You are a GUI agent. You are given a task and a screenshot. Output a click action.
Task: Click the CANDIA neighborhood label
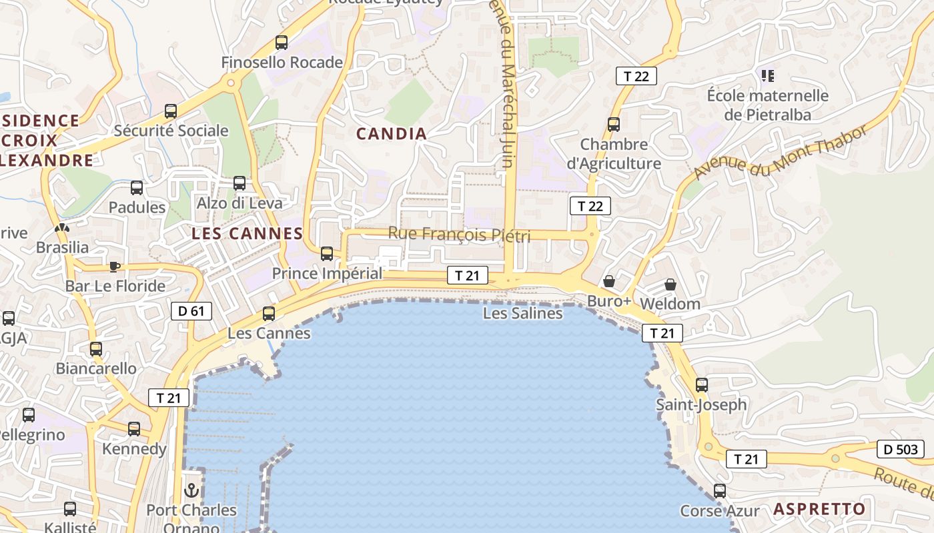[392, 134]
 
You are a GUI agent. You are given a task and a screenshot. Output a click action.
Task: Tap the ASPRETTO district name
[819, 509]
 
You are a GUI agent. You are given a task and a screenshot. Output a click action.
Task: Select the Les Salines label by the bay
[522, 312]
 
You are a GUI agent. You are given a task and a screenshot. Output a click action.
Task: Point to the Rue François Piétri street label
[459, 235]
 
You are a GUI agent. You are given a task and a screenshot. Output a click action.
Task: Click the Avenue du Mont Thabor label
[781, 152]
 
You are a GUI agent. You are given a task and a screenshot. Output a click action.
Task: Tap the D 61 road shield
[191, 310]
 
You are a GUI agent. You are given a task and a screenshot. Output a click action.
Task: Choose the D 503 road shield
[901, 449]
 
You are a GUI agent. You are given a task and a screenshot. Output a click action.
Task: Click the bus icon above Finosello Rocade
[282, 43]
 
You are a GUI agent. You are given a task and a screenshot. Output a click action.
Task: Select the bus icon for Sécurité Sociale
[171, 111]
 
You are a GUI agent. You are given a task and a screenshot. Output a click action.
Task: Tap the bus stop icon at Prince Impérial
[327, 253]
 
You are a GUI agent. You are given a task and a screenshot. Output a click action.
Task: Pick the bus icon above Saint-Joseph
[702, 384]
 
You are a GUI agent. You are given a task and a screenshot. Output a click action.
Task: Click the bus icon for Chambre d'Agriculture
[614, 124]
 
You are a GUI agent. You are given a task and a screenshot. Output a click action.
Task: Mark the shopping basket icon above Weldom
[670, 284]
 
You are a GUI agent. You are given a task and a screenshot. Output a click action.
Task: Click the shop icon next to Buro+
[608, 281]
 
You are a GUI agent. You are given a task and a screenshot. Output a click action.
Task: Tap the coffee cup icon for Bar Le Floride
[115, 266]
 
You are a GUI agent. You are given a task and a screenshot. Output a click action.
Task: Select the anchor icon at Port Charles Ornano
[192, 490]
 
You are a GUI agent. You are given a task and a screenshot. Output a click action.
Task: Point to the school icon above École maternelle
[768, 75]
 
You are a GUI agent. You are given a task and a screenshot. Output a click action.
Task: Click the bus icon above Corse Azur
[720, 491]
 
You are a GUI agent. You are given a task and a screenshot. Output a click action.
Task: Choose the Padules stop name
[137, 207]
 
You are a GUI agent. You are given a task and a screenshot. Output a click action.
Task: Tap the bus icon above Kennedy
[134, 428]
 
